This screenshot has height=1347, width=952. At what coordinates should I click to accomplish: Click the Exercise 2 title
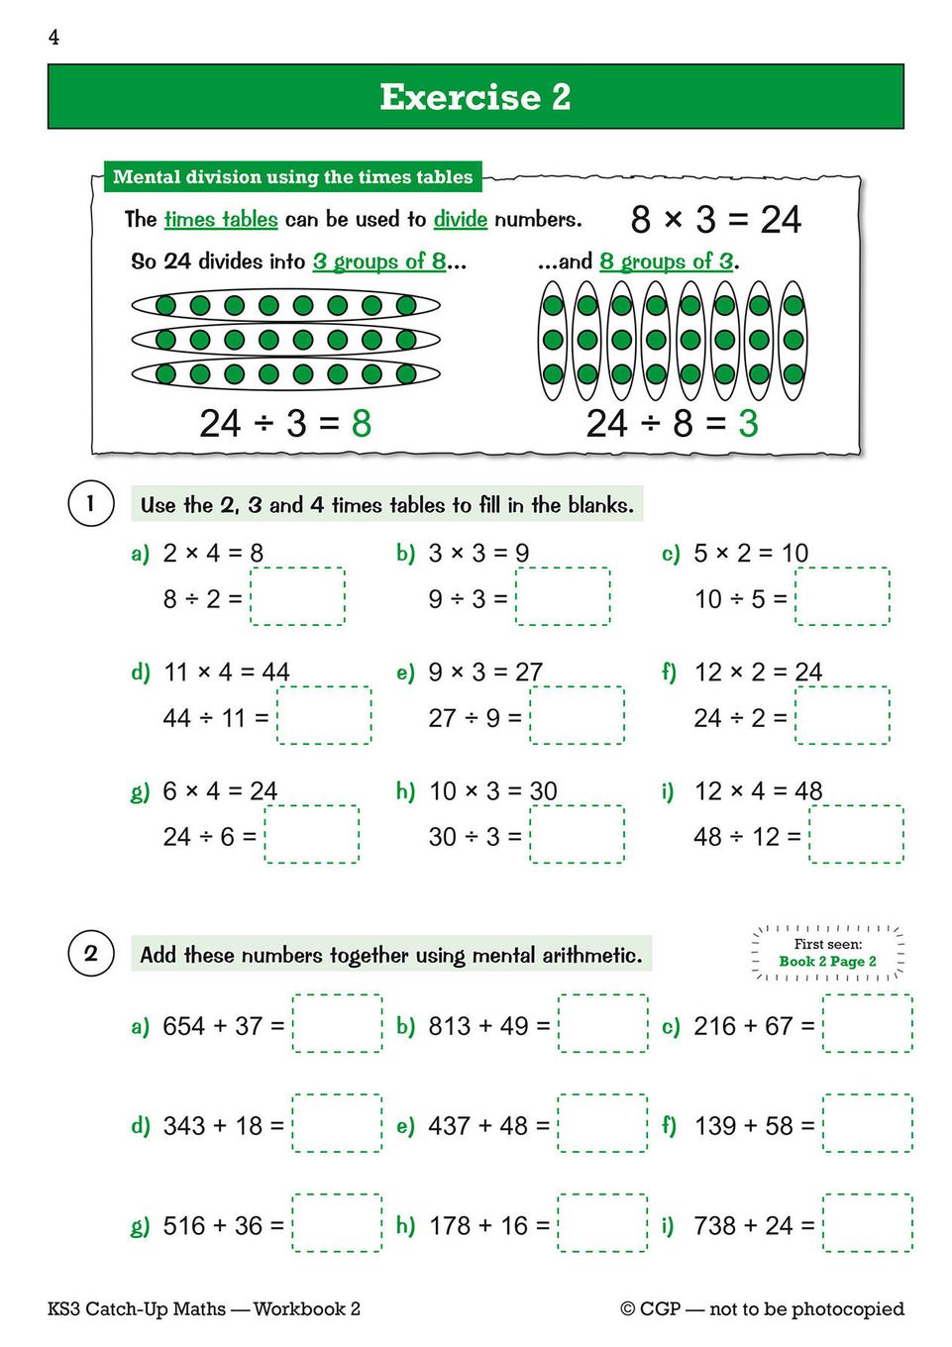476,97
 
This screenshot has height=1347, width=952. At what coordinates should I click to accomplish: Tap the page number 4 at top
53,38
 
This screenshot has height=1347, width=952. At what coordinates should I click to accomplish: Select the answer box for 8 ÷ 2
297,596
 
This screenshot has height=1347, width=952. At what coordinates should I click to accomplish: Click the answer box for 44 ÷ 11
324,715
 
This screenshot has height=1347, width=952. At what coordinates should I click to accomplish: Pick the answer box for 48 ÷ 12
856,834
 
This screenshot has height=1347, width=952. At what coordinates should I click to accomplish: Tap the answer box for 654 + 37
337,1023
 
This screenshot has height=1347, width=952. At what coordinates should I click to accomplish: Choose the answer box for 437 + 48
602,1123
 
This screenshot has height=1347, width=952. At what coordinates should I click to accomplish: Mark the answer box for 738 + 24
868,1223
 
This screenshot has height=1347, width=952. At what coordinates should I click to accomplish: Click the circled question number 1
90,503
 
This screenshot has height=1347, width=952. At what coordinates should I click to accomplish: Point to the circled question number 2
90,954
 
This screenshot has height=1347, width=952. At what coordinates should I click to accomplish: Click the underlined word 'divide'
460,219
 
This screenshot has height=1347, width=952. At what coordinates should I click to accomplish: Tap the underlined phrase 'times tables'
221,219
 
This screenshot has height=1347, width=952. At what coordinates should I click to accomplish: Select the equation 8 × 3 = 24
715,219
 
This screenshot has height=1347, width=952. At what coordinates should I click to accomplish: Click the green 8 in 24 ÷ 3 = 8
361,424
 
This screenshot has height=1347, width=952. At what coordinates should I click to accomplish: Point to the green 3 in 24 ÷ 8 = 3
748,424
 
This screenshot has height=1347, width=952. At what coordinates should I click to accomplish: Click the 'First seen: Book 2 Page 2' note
827,953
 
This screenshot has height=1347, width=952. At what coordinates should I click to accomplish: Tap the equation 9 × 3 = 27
485,673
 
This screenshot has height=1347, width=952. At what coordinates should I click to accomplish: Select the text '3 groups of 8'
379,261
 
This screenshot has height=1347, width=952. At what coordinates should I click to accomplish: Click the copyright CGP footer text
762,1308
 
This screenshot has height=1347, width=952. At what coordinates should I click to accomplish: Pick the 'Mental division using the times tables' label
292,177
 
